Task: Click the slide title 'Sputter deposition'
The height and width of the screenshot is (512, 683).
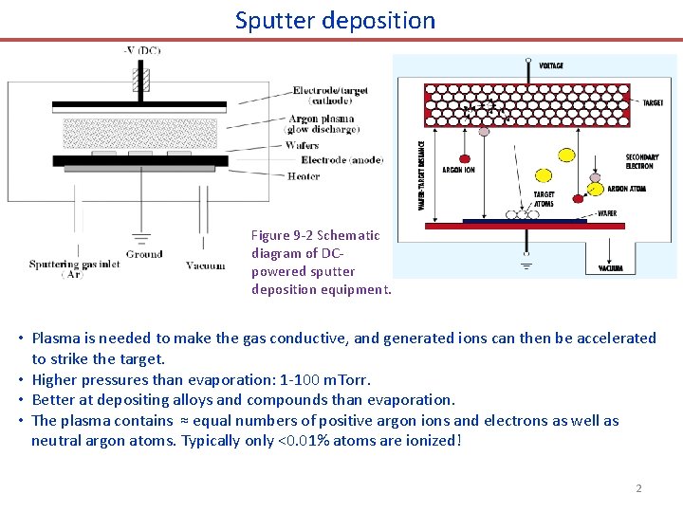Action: [335, 20]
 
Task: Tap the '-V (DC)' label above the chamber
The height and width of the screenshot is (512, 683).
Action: [141, 50]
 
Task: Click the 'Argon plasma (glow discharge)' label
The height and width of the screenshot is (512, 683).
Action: [323, 125]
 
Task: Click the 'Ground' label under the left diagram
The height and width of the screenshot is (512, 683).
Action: [143, 254]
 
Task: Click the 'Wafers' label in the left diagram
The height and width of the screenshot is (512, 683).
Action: [302, 145]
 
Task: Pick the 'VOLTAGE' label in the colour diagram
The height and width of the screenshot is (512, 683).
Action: [550, 65]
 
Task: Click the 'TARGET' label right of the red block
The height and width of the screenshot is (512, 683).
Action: [653, 102]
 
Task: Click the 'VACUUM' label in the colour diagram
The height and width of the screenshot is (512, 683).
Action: [611, 268]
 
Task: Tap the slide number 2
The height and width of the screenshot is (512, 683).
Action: [638, 488]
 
